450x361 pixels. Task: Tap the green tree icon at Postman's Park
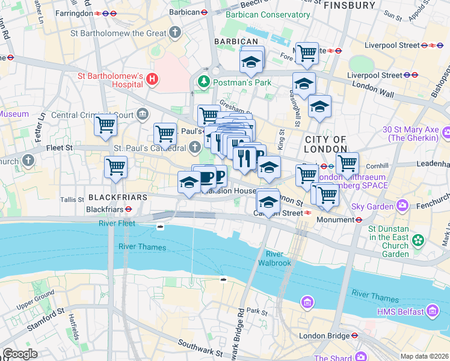pyautogui.click(x=205, y=81)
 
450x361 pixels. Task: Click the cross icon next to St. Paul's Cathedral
pyautogui.click(x=195, y=146)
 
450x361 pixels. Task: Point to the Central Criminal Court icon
pyautogui.click(x=144, y=113)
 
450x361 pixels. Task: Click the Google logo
pyautogui.click(x=20, y=353)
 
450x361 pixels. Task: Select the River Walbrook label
pyautogui.click(x=274, y=259)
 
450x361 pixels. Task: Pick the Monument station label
pyautogui.click(x=336, y=220)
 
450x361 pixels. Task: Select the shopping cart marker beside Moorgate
pyautogui.click(x=307, y=54)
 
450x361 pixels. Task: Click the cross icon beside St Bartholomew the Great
pyautogui.click(x=174, y=32)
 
